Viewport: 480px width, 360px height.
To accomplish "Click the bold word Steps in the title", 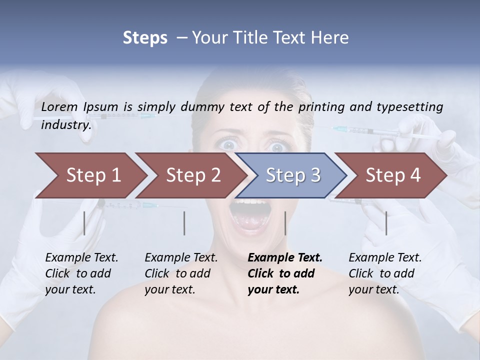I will coord(145,37).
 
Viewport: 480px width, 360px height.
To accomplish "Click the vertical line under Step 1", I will coord(84,223).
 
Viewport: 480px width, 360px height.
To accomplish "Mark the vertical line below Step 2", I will coord(184,223).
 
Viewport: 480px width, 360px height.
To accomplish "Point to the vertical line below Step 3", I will coord(285,223).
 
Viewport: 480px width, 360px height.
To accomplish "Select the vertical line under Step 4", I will coord(386,223).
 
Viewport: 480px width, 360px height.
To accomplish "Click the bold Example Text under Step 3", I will coord(285,258).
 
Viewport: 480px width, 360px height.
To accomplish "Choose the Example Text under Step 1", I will coord(81,258).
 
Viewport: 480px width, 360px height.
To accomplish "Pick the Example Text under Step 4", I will coord(385,258).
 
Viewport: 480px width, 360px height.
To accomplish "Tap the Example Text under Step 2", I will coord(181,258).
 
